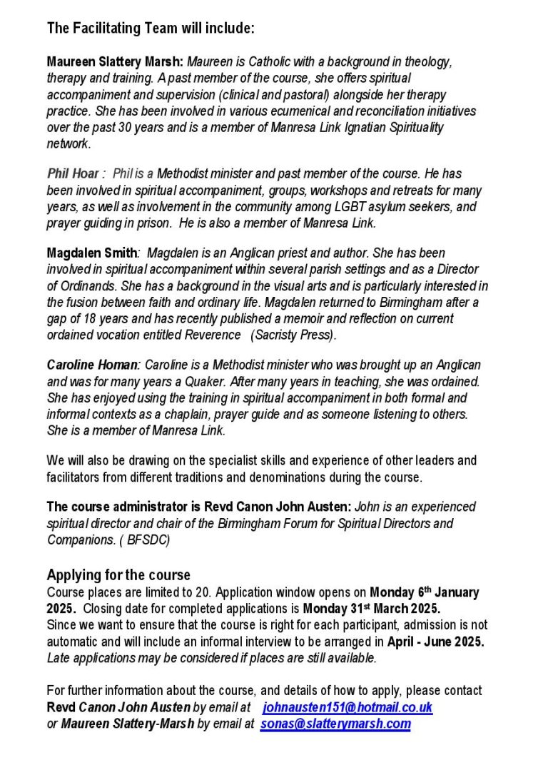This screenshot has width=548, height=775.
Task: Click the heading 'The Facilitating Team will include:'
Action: pyautogui.click(x=151, y=29)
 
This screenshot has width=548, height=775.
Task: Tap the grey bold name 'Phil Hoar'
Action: pyautogui.click(x=73, y=173)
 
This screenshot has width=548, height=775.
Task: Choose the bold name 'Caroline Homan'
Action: pyautogui.click(x=93, y=365)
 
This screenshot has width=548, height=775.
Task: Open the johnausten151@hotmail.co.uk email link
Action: pyautogui.click(x=347, y=708)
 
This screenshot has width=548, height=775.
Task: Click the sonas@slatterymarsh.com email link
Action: pyautogui.click(x=335, y=724)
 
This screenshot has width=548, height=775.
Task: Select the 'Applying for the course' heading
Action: pyautogui.click(x=118, y=575)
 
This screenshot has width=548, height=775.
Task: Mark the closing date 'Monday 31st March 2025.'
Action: pyautogui.click(x=372, y=609)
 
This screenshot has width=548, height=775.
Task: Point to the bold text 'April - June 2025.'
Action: pyautogui.click(x=436, y=641)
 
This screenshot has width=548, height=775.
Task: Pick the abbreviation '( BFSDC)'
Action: pyautogui.click(x=148, y=540)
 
